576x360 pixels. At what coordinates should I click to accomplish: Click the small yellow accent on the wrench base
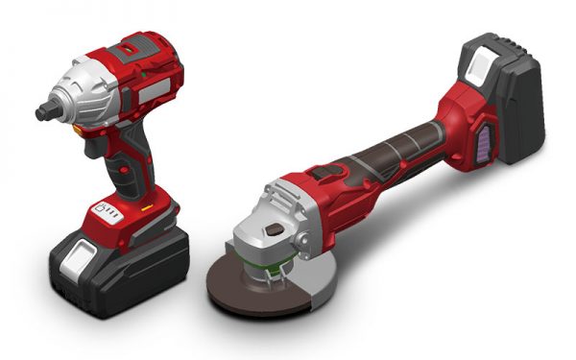click(146, 204)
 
